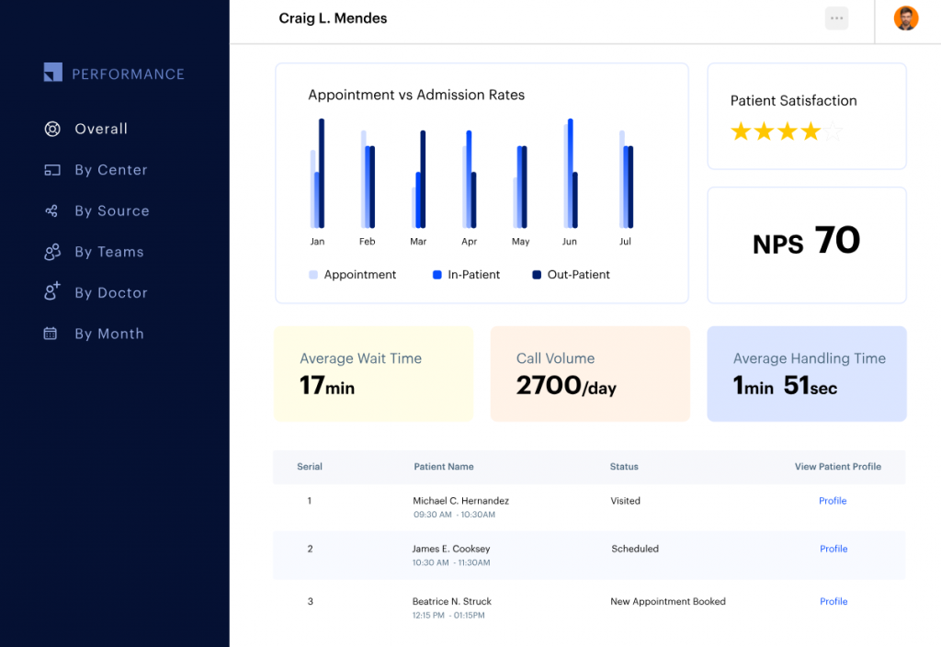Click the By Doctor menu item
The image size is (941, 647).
click(x=110, y=293)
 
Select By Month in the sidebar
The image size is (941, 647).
click(x=108, y=334)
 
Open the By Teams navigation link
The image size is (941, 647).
click(x=108, y=252)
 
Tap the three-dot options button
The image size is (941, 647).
click(x=836, y=18)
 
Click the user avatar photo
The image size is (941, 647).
click(x=906, y=18)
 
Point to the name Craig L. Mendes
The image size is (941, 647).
click(x=333, y=18)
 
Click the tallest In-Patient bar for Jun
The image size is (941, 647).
click(x=571, y=173)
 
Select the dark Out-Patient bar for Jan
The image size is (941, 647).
click(x=322, y=173)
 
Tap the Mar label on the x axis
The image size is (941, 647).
click(x=418, y=242)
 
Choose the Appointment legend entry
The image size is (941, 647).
click(x=352, y=275)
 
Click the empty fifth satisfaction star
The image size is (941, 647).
click(x=833, y=132)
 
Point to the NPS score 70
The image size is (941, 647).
click(x=836, y=241)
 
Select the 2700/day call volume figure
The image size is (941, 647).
click(x=566, y=385)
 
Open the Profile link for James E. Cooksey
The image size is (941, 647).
click(x=833, y=549)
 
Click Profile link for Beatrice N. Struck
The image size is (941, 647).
click(x=833, y=602)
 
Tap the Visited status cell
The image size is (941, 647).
click(x=626, y=501)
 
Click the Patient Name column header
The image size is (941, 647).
click(x=444, y=467)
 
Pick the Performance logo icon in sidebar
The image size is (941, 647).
click(x=53, y=73)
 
